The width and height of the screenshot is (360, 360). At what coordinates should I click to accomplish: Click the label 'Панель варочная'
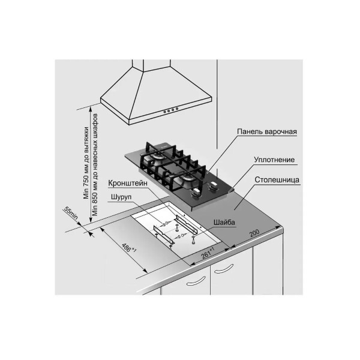(x=267, y=131)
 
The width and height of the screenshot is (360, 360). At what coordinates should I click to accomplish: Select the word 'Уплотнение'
(x=274, y=161)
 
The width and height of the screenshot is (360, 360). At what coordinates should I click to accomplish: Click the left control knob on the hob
(x=196, y=193)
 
